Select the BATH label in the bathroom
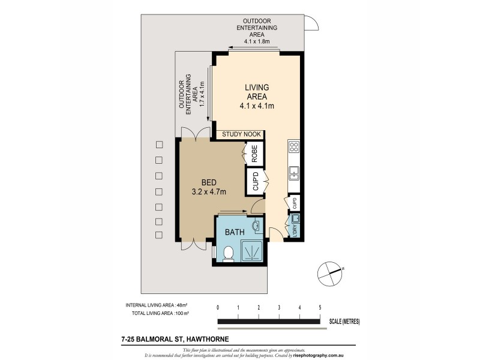[x=234, y=232]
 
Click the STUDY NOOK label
[x=241, y=134]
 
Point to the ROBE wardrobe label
[x=254, y=154]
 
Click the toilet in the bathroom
[x=227, y=254]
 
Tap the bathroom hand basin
[x=257, y=226]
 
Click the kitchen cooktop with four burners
[x=294, y=148]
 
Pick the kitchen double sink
[x=294, y=173]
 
